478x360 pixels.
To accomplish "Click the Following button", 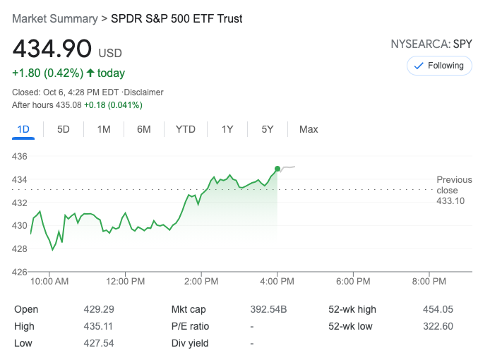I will [x=438, y=66].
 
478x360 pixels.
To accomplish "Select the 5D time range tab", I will [x=64, y=129].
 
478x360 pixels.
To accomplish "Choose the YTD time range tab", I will [x=185, y=129].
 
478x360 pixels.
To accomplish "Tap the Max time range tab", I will [x=309, y=129].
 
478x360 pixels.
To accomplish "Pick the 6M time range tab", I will [x=144, y=129].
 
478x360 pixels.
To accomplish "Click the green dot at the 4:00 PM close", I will [x=277, y=168].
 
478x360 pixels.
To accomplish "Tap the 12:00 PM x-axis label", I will [x=126, y=281].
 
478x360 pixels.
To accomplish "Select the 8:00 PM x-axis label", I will [x=429, y=281].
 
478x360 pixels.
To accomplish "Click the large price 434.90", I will [x=52, y=49].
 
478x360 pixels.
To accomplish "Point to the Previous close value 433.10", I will [x=450, y=201].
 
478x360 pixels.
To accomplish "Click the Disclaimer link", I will [x=144, y=92].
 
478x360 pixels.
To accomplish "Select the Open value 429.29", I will [x=98, y=309].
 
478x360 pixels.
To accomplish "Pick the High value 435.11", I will [x=98, y=326].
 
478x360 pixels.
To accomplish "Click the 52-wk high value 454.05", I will [x=438, y=309].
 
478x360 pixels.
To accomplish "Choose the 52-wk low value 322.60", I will [x=438, y=326].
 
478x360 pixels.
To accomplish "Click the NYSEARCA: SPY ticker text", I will [x=431, y=44].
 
